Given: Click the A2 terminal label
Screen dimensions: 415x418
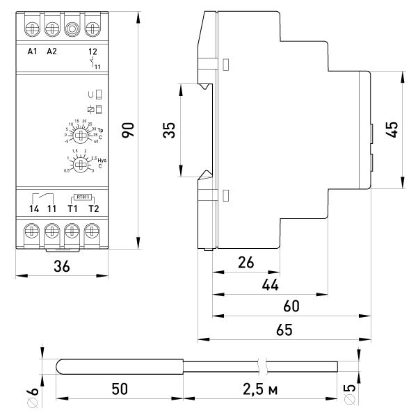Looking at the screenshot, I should tap(51, 51).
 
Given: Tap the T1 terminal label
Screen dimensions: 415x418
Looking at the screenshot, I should tap(72, 209).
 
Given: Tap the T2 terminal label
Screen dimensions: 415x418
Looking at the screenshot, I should tap(93, 209).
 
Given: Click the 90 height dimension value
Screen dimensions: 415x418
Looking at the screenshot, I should tap(127, 130).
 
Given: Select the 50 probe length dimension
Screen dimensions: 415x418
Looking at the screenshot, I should tap(119, 389).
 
